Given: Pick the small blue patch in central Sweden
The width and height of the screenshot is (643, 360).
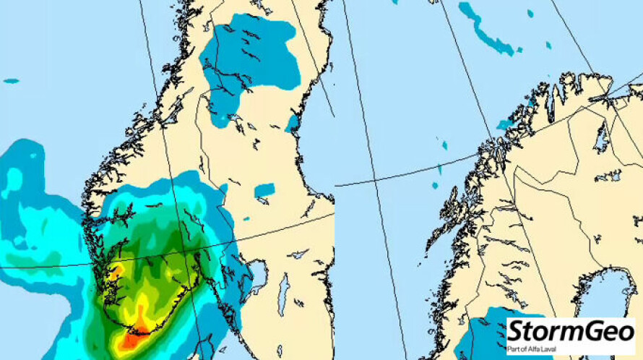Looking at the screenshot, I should [x=264, y=190].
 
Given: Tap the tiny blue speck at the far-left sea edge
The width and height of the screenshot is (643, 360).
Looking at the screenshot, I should [x=11, y=81].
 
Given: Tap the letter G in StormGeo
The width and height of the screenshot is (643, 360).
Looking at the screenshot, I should [x=587, y=332].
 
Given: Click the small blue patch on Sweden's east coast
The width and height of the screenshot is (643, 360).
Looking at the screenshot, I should [x=293, y=122].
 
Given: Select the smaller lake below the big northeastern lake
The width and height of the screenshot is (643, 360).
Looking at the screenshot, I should [x=613, y=176].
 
